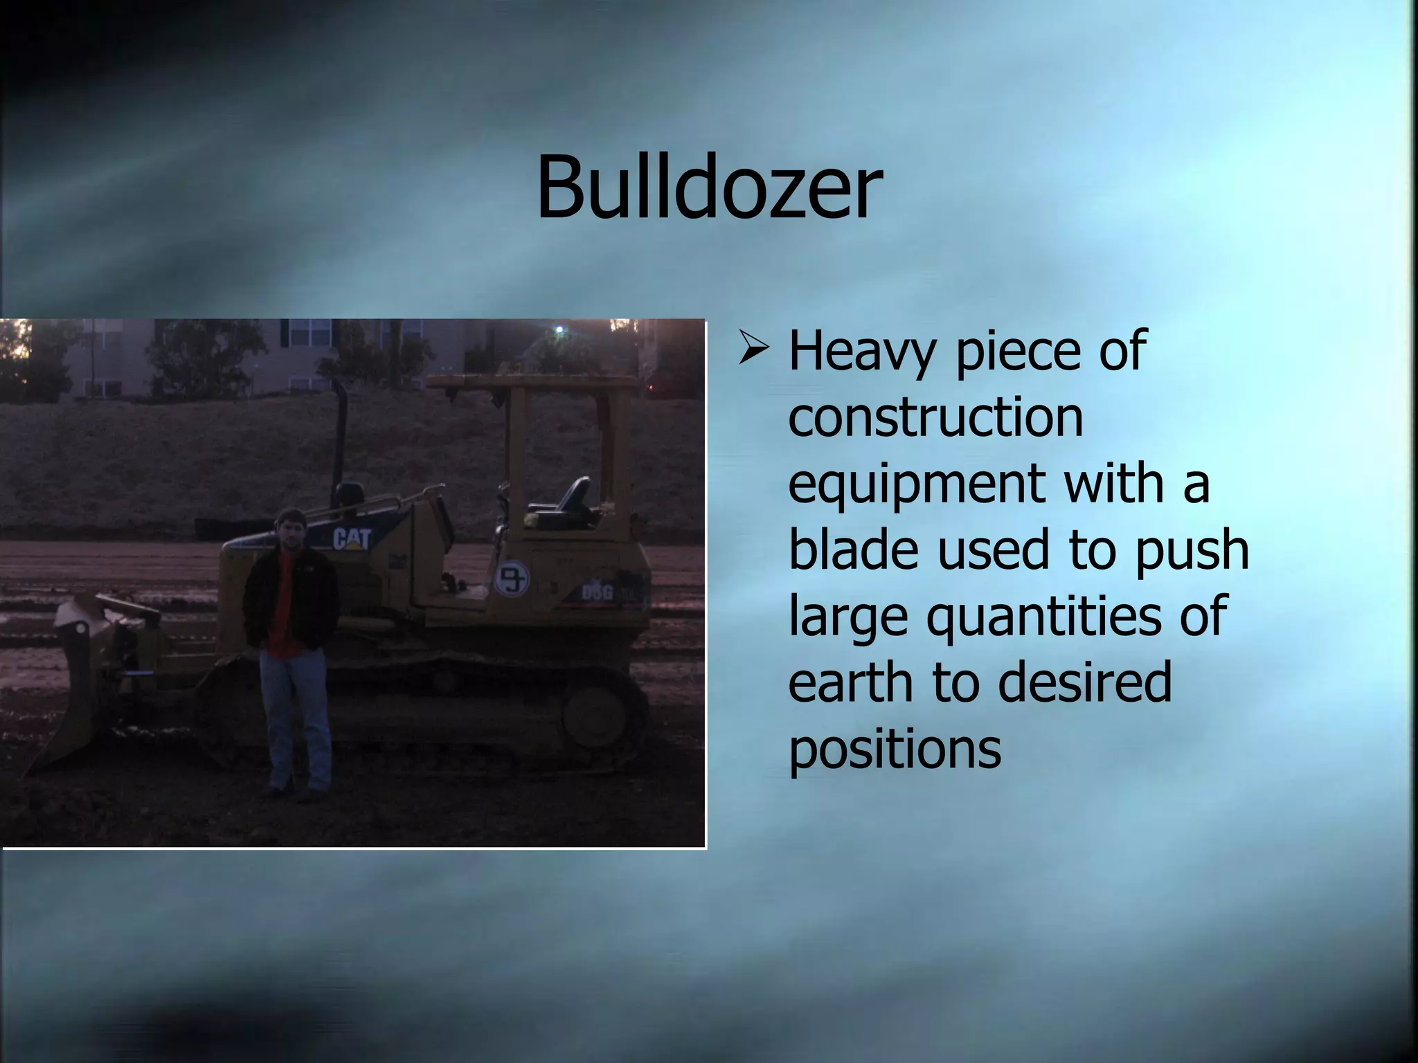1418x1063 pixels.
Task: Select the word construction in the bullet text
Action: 935,417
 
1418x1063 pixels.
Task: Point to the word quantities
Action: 1043,616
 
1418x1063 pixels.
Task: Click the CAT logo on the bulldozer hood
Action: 351,538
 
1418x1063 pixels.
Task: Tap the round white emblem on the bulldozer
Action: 512,578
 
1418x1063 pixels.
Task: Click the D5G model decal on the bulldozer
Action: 597,592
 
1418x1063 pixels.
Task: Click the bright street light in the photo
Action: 559,331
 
